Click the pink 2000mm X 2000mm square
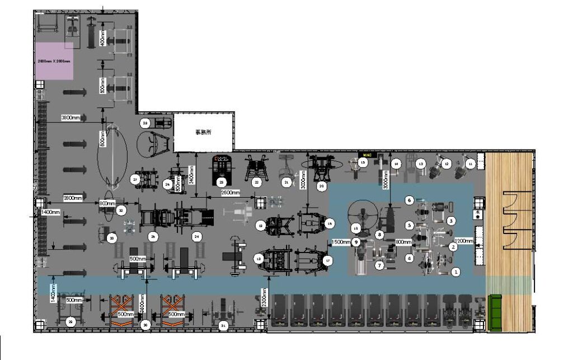point(54,60)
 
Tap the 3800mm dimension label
point(73,118)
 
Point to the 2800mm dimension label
point(73,198)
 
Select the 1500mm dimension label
point(341,242)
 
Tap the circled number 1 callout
point(456,272)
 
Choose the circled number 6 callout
point(409,200)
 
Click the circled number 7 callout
point(379,265)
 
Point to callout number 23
point(222,183)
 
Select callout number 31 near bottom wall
point(223,325)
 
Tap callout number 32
point(121,210)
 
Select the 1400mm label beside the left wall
point(50,213)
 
